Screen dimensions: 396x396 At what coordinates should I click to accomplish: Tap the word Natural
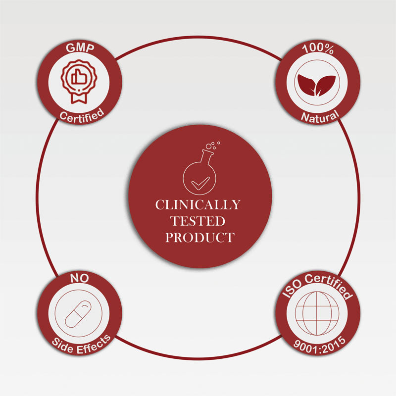coord(320,116)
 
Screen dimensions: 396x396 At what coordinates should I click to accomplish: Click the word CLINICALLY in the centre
coord(198,204)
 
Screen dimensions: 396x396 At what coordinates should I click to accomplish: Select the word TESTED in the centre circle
coord(198,221)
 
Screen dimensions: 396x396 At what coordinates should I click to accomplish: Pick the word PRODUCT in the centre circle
coord(199,237)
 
